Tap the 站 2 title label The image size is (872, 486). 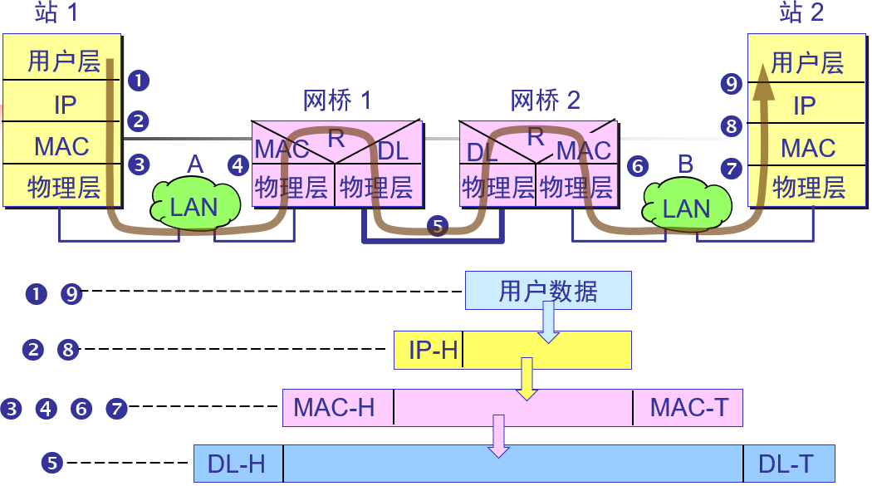[801, 13]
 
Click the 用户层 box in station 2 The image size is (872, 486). [807, 62]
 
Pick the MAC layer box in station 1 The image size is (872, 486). [61, 146]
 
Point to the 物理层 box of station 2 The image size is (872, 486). [807, 187]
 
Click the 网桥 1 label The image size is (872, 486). [337, 101]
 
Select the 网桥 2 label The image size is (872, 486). [545, 101]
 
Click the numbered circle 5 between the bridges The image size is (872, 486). [437, 225]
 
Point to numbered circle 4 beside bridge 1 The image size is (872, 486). [239, 165]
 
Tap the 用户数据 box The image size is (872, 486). [548, 291]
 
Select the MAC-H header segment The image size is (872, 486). [336, 408]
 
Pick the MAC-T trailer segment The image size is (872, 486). [688, 408]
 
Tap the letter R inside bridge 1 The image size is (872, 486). [336, 139]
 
